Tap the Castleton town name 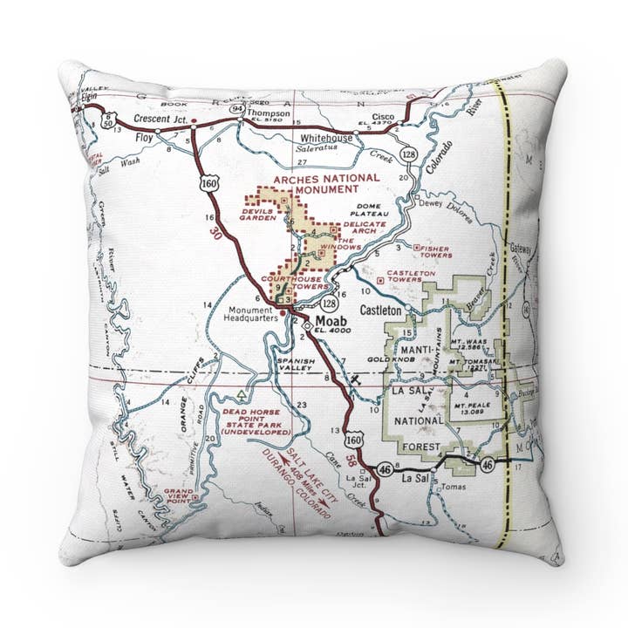pyautogui.click(x=381, y=310)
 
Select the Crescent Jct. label pyautogui.click(x=160, y=119)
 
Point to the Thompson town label pyautogui.click(x=267, y=113)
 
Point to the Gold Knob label pyautogui.click(x=386, y=359)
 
